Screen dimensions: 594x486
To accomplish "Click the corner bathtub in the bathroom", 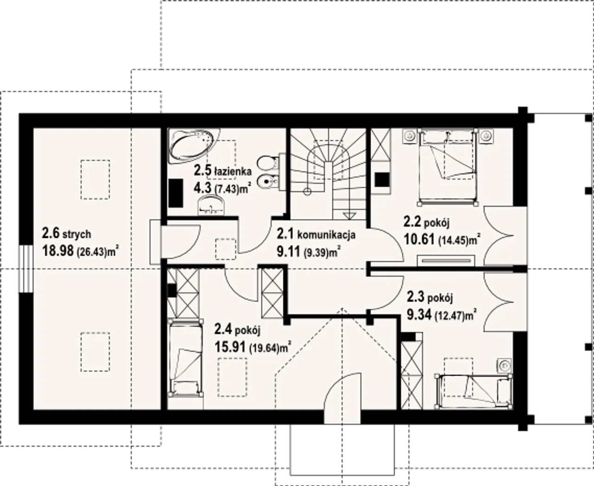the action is click(194, 147).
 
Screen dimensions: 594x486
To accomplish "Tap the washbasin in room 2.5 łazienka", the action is click(211, 206).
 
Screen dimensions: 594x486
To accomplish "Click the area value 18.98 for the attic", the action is click(58, 250).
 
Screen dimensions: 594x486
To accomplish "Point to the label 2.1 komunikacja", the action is click(316, 234).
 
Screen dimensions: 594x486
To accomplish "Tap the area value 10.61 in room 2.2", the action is click(420, 240).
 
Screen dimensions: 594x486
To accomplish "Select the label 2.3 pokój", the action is click(430, 297).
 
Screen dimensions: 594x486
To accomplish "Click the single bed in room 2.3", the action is click(474, 391).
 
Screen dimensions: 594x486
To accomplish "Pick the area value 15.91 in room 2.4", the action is click(231, 347).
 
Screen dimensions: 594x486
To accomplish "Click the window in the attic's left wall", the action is click(26, 269).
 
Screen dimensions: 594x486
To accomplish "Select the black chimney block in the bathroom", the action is click(175, 193).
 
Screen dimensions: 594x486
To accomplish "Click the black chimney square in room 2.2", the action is click(382, 179).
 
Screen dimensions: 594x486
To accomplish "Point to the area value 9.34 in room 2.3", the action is click(419, 314).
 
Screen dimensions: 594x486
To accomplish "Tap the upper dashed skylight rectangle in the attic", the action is click(95, 179).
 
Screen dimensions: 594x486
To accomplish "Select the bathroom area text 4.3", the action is click(202, 188).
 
